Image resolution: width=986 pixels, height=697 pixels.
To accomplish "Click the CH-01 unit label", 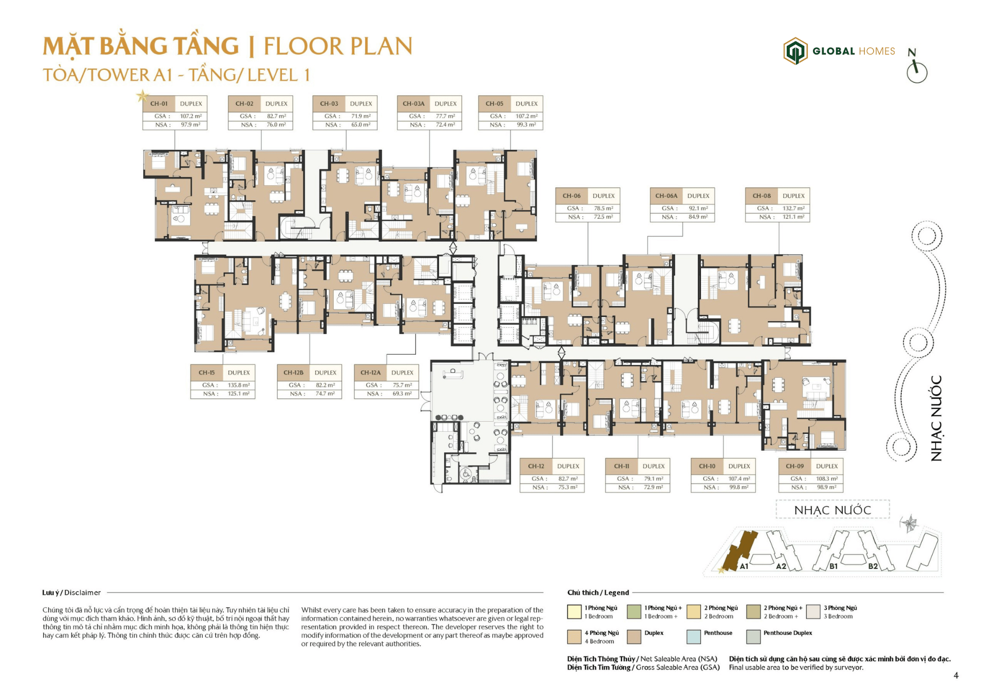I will (159, 104).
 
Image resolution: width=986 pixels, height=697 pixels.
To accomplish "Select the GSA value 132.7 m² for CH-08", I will (793, 208).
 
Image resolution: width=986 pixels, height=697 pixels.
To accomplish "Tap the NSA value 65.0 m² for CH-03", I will (361, 125).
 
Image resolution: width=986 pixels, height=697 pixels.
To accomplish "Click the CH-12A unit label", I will (370, 373).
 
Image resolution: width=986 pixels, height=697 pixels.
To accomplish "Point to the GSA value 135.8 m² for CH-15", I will (239, 385).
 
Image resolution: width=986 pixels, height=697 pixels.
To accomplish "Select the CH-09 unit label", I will (794, 466).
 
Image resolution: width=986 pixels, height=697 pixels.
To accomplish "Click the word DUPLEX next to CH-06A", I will (698, 196).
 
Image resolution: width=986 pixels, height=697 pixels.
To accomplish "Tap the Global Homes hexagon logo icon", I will (795, 51).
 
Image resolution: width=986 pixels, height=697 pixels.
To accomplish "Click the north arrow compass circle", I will (917, 72).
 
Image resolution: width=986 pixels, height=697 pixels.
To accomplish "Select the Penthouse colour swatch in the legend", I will (693, 636).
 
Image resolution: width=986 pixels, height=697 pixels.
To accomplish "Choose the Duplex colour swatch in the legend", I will (634, 636).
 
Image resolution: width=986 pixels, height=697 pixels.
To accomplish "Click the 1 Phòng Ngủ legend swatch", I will (574, 612).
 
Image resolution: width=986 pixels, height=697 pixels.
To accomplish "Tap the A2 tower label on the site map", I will (781, 566).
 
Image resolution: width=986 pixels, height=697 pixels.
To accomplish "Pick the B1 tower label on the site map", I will (833, 566).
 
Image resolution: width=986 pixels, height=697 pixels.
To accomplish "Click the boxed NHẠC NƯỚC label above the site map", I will (832, 510).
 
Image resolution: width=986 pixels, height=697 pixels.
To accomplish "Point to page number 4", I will (956, 675).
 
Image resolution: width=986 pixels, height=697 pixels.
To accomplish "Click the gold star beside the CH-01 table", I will (142, 96).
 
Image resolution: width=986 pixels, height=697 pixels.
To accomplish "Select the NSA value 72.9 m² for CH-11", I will (653, 487).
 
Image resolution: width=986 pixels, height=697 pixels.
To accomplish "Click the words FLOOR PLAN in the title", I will (338, 46).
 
